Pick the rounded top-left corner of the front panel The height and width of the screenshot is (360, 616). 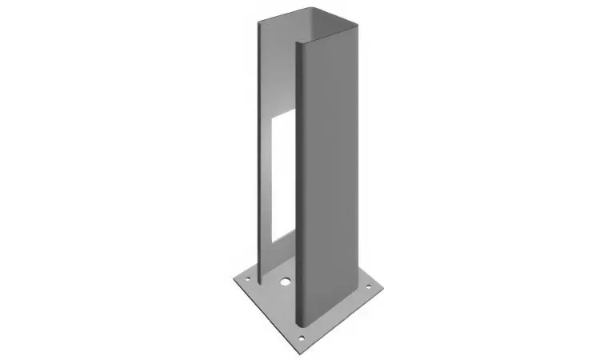pos(300,45)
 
